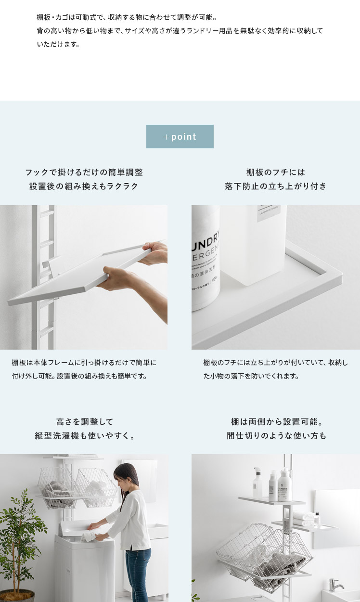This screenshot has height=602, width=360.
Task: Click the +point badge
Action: [x=180, y=136]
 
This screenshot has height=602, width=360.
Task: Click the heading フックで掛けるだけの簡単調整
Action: [x=84, y=172]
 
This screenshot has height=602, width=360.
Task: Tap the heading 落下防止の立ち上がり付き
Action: [x=276, y=186]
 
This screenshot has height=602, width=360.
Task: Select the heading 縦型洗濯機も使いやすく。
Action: [x=85, y=436]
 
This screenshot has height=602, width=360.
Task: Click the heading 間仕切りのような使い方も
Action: [x=276, y=436]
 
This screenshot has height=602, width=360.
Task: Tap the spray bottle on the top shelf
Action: [x=257, y=482]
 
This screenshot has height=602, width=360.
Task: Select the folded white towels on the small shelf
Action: [x=304, y=519]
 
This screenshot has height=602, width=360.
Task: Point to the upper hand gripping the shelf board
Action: [x=154, y=253]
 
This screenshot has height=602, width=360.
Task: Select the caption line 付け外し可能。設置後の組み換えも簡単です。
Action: [x=79, y=376]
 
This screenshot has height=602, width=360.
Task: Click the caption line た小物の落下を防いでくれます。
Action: [x=251, y=376]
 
